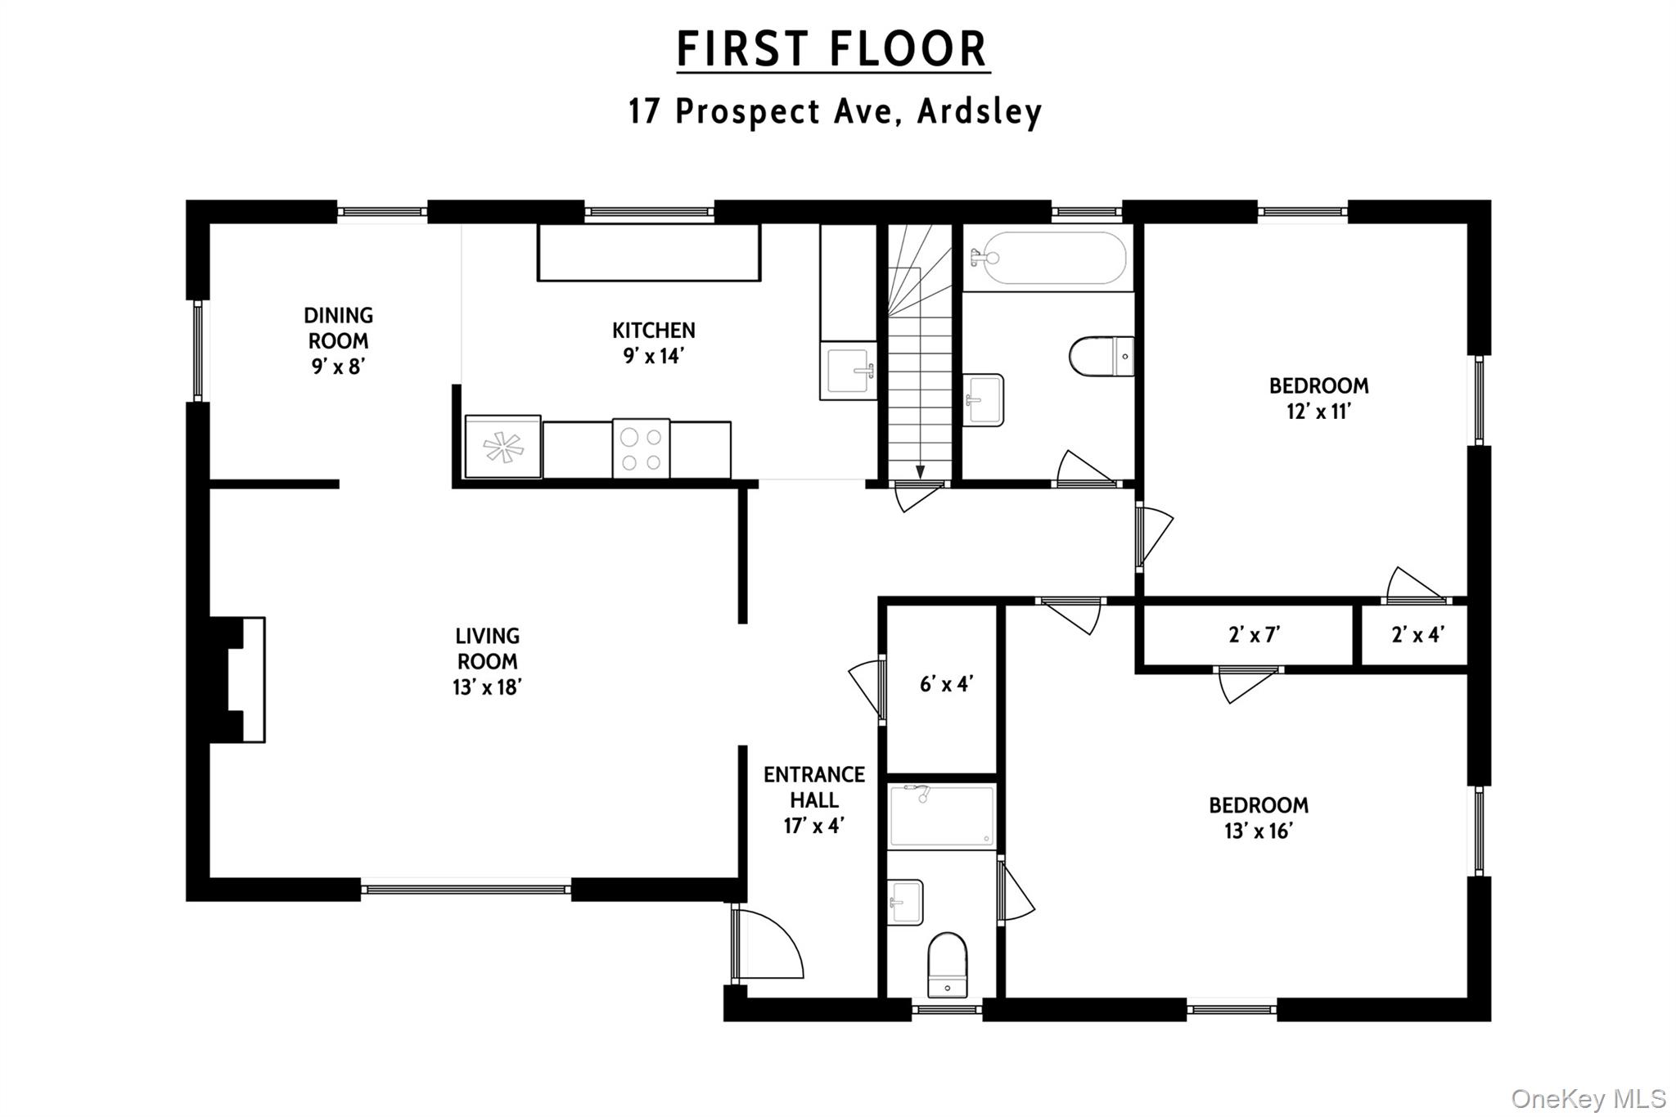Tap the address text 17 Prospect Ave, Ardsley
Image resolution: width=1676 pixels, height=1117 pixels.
point(835,111)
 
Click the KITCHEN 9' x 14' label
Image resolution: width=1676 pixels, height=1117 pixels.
point(653,343)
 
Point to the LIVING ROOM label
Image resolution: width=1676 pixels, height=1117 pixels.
point(487,661)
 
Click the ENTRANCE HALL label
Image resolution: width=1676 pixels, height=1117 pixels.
point(814,799)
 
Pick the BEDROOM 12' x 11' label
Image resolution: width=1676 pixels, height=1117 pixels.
point(1318,398)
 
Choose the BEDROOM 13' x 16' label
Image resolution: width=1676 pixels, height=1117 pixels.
point(1259,817)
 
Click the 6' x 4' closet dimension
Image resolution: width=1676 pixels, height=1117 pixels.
point(945,684)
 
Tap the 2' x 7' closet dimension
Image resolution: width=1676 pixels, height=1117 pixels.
point(1254,634)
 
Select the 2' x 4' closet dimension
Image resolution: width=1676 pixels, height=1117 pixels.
point(1417,634)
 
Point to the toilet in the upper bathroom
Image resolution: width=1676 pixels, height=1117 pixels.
point(1102,357)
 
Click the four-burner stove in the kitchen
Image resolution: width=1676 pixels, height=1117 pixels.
point(641,449)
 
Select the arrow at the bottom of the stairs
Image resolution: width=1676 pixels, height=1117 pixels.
point(920,472)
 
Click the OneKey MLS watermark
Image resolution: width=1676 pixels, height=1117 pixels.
point(1588,1098)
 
